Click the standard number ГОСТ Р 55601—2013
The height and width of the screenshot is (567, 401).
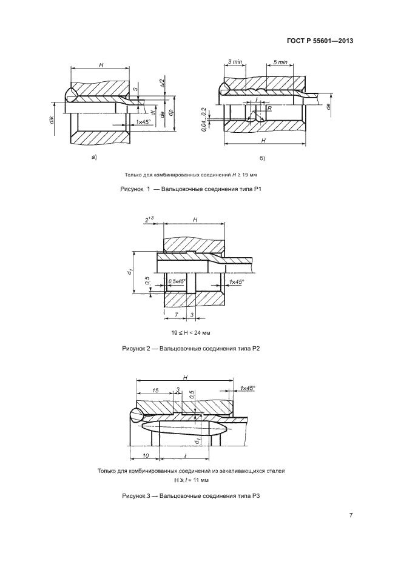(x=320, y=41)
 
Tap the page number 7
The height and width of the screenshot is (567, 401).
(x=351, y=515)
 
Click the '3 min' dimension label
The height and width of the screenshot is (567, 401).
(x=235, y=62)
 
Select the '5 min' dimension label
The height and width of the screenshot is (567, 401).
(x=280, y=62)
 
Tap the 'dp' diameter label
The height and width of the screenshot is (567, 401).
(x=172, y=113)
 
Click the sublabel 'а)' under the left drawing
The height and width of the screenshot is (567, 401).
(x=93, y=158)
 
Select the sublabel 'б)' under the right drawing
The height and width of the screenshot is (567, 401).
(x=262, y=159)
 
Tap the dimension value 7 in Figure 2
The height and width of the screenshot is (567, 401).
(x=175, y=315)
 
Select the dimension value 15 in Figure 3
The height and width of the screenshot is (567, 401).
(x=156, y=391)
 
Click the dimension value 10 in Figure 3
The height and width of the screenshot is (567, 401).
(x=146, y=455)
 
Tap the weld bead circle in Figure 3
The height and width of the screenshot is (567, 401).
(x=136, y=415)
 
